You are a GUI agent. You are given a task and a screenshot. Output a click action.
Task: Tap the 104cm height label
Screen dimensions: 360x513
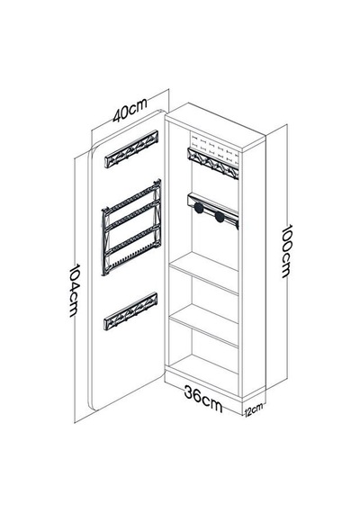[75, 290]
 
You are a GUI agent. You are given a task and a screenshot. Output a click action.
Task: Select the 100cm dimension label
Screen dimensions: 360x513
[286, 251]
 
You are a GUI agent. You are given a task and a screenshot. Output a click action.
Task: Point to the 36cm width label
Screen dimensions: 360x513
[202, 399]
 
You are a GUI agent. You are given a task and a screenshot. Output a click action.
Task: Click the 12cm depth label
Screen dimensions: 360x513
[253, 409]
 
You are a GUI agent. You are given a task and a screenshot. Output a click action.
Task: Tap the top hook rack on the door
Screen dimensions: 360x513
[131, 148]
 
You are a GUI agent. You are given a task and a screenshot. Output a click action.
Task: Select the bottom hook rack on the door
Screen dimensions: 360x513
[130, 311]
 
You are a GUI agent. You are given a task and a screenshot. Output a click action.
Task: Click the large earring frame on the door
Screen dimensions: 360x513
[131, 228]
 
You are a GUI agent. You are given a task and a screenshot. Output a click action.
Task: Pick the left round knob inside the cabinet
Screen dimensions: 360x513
[198, 208]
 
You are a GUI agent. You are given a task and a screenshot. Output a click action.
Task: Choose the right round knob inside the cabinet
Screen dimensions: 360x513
[220, 217]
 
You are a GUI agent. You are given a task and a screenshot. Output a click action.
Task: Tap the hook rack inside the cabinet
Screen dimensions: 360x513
[212, 163]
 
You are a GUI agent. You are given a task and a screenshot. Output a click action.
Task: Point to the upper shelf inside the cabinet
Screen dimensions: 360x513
[203, 274]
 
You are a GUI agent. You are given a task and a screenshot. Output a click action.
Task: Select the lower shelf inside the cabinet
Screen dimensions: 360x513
[203, 326]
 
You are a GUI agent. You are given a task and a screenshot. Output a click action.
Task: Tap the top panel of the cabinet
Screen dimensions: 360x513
[215, 128]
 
